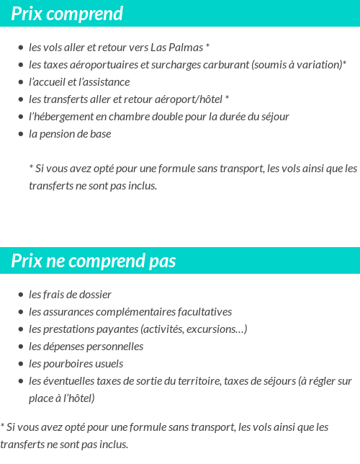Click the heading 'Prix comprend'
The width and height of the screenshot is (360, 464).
[67, 14]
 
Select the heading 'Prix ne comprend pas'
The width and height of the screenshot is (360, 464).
[94, 261]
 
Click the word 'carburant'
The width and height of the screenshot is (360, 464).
[225, 65]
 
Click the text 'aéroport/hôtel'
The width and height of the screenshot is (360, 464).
[189, 99]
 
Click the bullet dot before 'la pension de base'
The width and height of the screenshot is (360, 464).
[21, 134]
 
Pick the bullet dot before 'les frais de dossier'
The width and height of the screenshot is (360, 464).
[21, 295]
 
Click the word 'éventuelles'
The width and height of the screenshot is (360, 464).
[71, 381]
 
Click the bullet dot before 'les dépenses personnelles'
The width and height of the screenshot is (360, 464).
[21, 347]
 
